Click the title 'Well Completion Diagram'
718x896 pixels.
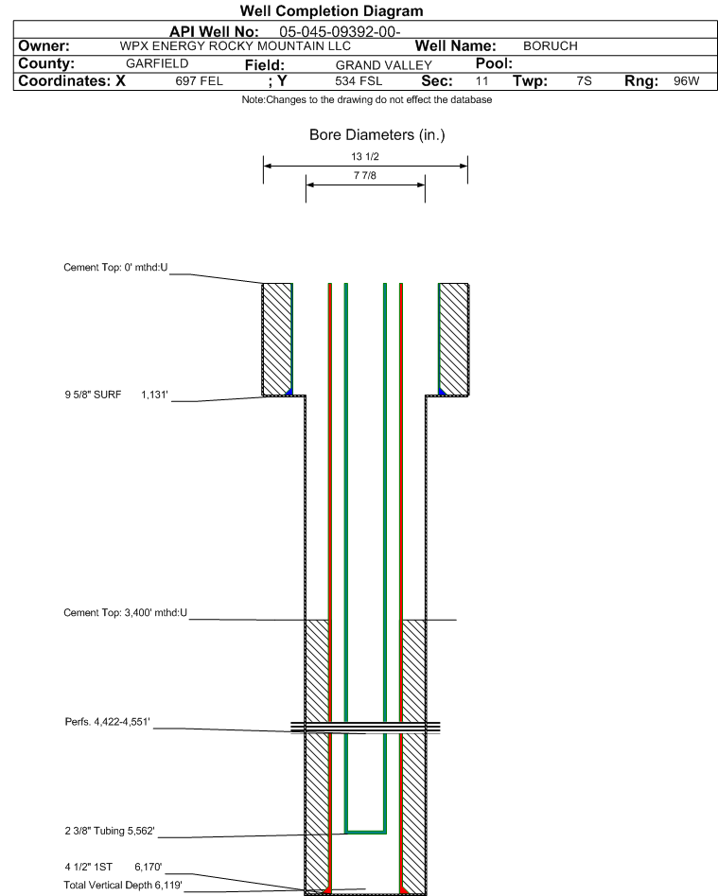(331, 10)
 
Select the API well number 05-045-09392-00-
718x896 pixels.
(340, 32)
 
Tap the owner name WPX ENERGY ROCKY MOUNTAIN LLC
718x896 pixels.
(236, 46)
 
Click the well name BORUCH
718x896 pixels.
(550, 46)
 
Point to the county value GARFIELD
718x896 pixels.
(157, 63)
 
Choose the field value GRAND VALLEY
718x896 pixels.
(384, 65)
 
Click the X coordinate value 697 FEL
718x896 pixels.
(199, 81)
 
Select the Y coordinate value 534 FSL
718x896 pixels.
(359, 81)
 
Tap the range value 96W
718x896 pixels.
(686, 81)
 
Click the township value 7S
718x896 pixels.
(584, 81)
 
